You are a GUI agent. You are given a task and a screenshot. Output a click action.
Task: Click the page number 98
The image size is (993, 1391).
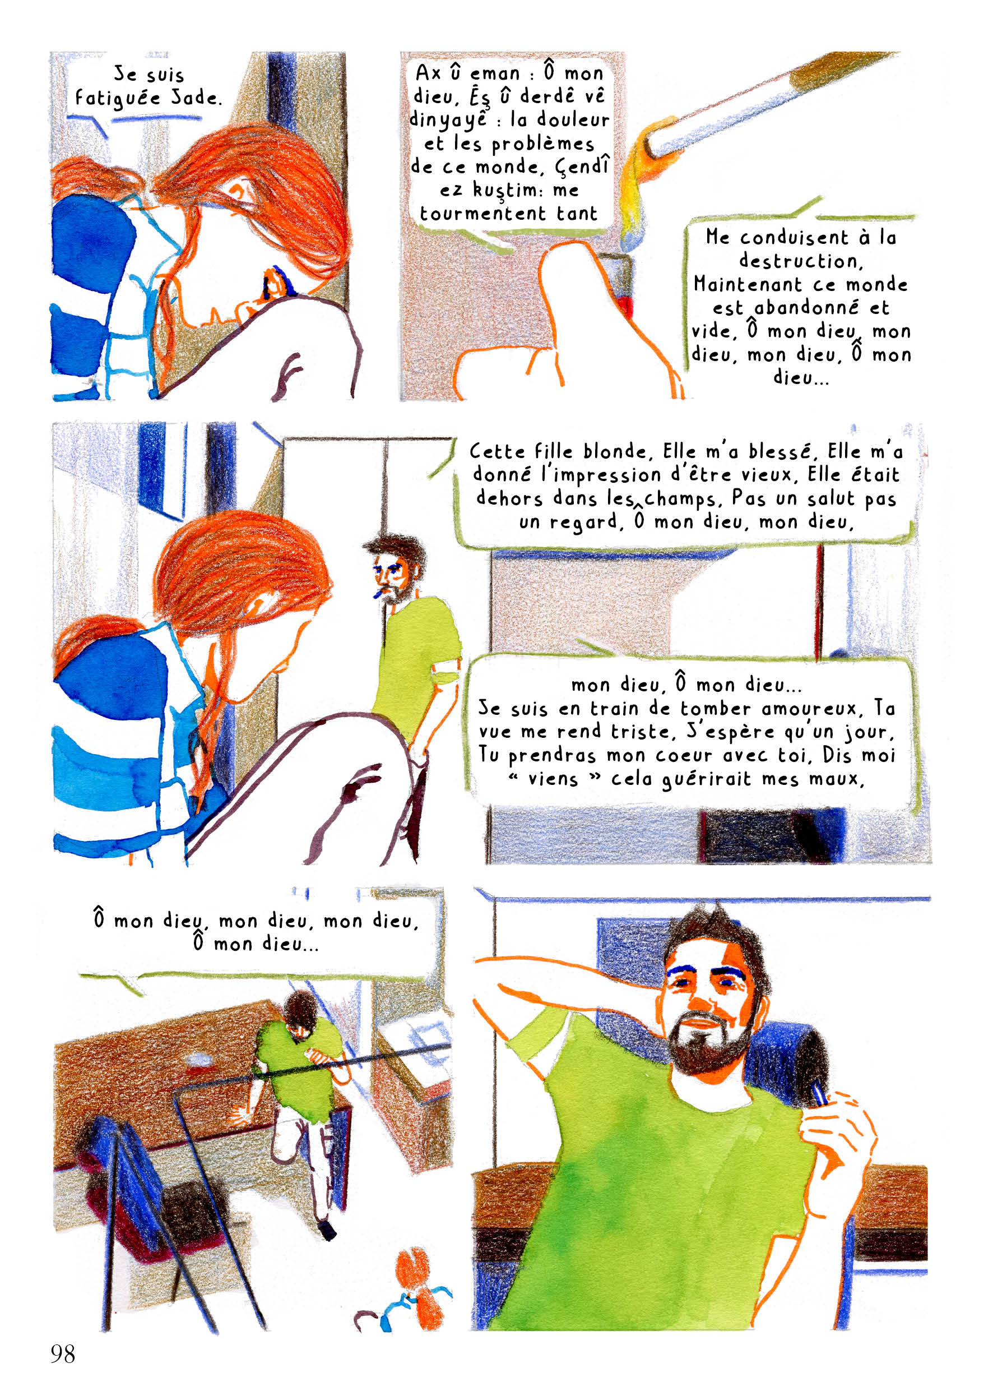pyautogui.click(x=63, y=1353)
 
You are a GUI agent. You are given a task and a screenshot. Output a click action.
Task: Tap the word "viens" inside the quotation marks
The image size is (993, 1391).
pyautogui.click(x=553, y=779)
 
